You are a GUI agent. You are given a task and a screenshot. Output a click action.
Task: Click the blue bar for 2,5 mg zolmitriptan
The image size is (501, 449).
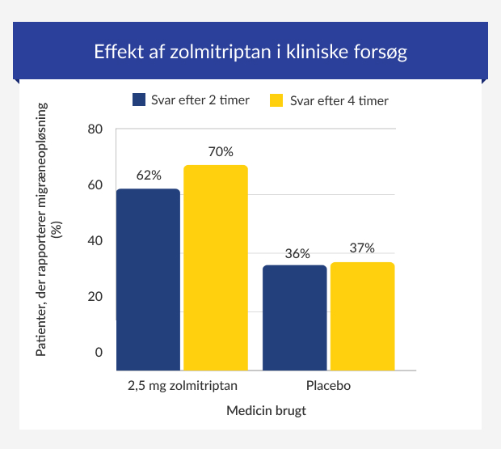click(x=148, y=280)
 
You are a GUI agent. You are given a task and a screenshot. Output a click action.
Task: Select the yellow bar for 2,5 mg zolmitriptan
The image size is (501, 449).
click(x=216, y=268)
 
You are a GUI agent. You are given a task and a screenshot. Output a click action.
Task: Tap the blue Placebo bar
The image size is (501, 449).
click(x=295, y=318)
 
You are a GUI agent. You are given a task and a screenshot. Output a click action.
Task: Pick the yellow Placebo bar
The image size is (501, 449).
click(x=362, y=316)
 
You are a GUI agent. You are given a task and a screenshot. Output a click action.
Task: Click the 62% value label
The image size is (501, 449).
click(x=149, y=175)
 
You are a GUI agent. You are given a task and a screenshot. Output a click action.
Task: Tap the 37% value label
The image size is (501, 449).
click(x=362, y=248)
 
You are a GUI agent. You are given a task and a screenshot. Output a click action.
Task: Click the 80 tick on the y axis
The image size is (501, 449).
click(x=95, y=129)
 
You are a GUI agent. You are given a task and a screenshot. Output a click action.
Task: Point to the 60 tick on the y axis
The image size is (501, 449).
click(x=95, y=184)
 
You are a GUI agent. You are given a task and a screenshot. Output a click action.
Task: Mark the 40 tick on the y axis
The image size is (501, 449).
click(x=95, y=240)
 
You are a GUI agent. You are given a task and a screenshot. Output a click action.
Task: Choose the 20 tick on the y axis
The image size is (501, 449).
click(x=95, y=296)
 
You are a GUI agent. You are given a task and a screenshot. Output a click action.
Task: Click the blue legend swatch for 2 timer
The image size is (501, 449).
click(x=139, y=100)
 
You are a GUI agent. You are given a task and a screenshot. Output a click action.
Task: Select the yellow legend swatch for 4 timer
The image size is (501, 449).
click(x=276, y=100)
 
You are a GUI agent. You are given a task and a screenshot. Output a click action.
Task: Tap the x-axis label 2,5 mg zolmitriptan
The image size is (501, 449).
click(x=183, y=385)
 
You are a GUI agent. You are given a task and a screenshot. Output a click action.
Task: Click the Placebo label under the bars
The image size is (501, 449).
click(x=328, y=385)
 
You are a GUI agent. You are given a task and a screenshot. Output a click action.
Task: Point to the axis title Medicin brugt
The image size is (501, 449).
click(x=266, y=411)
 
